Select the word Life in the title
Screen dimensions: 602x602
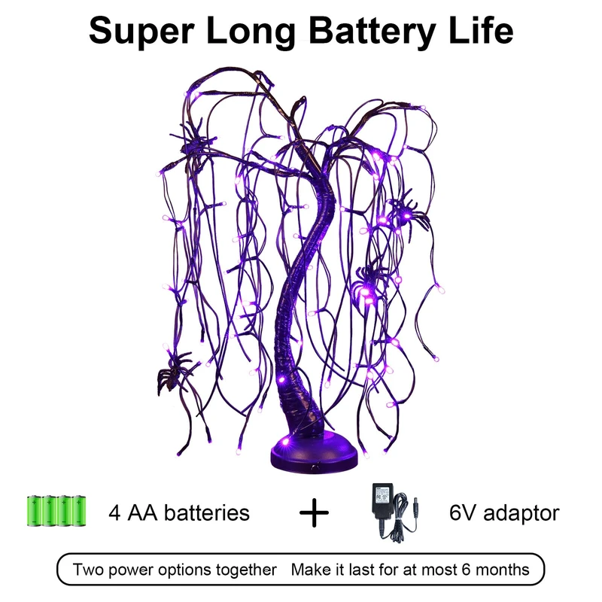pos(478,32)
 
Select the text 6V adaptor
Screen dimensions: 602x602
pos(504,513)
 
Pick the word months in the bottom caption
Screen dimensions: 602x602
pos(502,570)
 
